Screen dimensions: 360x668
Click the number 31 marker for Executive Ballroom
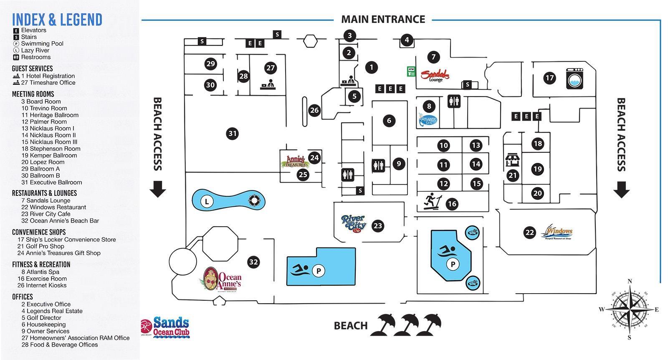click(x=233, y=134)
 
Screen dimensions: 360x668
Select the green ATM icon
click(x=411, y=71)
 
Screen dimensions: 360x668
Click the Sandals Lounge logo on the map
click(x=435, y=76)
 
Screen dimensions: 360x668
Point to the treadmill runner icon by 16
click(x=430, y=202)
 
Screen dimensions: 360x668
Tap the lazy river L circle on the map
click(x=207, y=202)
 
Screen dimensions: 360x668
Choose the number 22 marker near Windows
click(x=529, y=233)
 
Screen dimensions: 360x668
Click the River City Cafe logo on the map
click(x=354, y=224)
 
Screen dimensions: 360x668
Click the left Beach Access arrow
click(x=158, y=189)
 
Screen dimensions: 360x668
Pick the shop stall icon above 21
click(x=512, y=160)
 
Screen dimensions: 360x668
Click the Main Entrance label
click(x=383, y=19)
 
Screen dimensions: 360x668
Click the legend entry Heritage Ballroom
click(x=50, y=115)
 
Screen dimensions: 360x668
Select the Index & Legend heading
click(x=57, y=20)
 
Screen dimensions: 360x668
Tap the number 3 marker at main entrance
click(x=350, y=35)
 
